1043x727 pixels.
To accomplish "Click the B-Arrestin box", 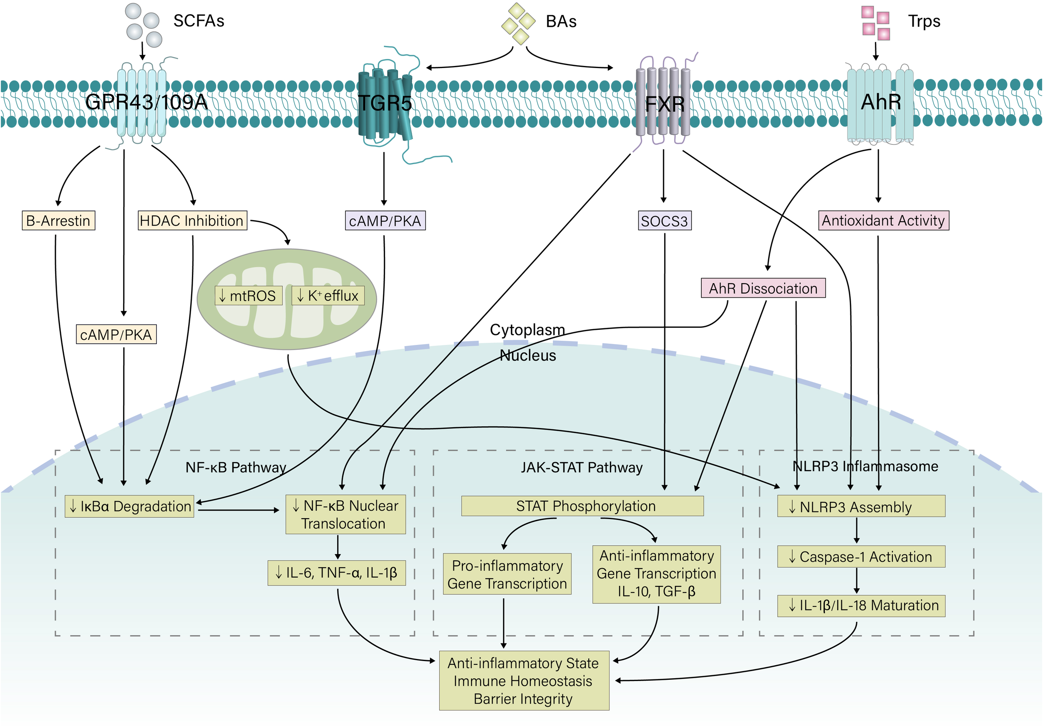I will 58,220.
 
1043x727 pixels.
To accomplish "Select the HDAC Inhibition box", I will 192,220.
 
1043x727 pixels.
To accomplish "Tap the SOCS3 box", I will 664,221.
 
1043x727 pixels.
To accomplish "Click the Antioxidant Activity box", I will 883,220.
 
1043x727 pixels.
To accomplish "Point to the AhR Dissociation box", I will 763,288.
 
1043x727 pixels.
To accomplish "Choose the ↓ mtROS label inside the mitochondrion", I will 248,296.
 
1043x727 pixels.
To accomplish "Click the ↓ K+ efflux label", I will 328,296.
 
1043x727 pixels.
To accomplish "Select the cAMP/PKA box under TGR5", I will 385,221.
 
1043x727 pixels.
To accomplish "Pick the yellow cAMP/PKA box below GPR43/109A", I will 116,334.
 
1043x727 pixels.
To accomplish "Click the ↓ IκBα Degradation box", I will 129,507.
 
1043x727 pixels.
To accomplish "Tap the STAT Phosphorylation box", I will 582,506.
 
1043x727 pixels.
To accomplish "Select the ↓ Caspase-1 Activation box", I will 861,557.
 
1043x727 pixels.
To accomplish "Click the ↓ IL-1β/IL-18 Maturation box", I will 861,605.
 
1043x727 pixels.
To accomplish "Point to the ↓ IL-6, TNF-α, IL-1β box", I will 337,573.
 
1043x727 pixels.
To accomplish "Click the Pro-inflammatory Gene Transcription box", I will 507,574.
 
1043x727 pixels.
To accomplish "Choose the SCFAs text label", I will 199,21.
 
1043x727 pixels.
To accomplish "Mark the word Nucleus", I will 527,355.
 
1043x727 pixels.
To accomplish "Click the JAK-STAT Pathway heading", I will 582,467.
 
